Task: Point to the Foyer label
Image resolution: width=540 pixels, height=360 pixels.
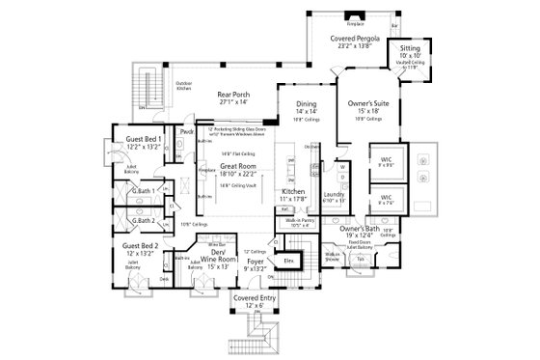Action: [x=254, y=265]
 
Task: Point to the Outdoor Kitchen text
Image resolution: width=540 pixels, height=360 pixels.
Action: [x=183, y=88]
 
